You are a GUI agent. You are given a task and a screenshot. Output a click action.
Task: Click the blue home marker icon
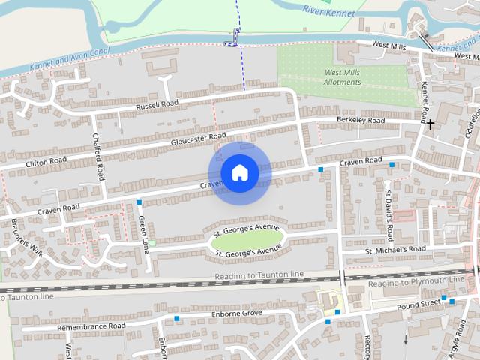pos(239,172)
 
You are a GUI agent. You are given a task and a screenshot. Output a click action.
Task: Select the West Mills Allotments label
pos(342,76)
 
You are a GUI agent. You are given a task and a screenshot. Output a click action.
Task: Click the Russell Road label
pos(157,106)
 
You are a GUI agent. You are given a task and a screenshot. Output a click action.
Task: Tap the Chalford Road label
pos(97,156)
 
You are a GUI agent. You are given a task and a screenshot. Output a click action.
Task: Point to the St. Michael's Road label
pos(395,249)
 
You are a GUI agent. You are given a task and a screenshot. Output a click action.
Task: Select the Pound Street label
pos(418,304)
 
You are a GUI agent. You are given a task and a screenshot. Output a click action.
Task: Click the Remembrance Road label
pos(91,326)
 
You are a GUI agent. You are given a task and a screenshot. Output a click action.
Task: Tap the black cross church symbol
pos(430,124)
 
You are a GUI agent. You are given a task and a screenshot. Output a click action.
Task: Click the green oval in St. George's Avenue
pos(247,239)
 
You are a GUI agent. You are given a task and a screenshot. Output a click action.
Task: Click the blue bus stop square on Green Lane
pos(139,202)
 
